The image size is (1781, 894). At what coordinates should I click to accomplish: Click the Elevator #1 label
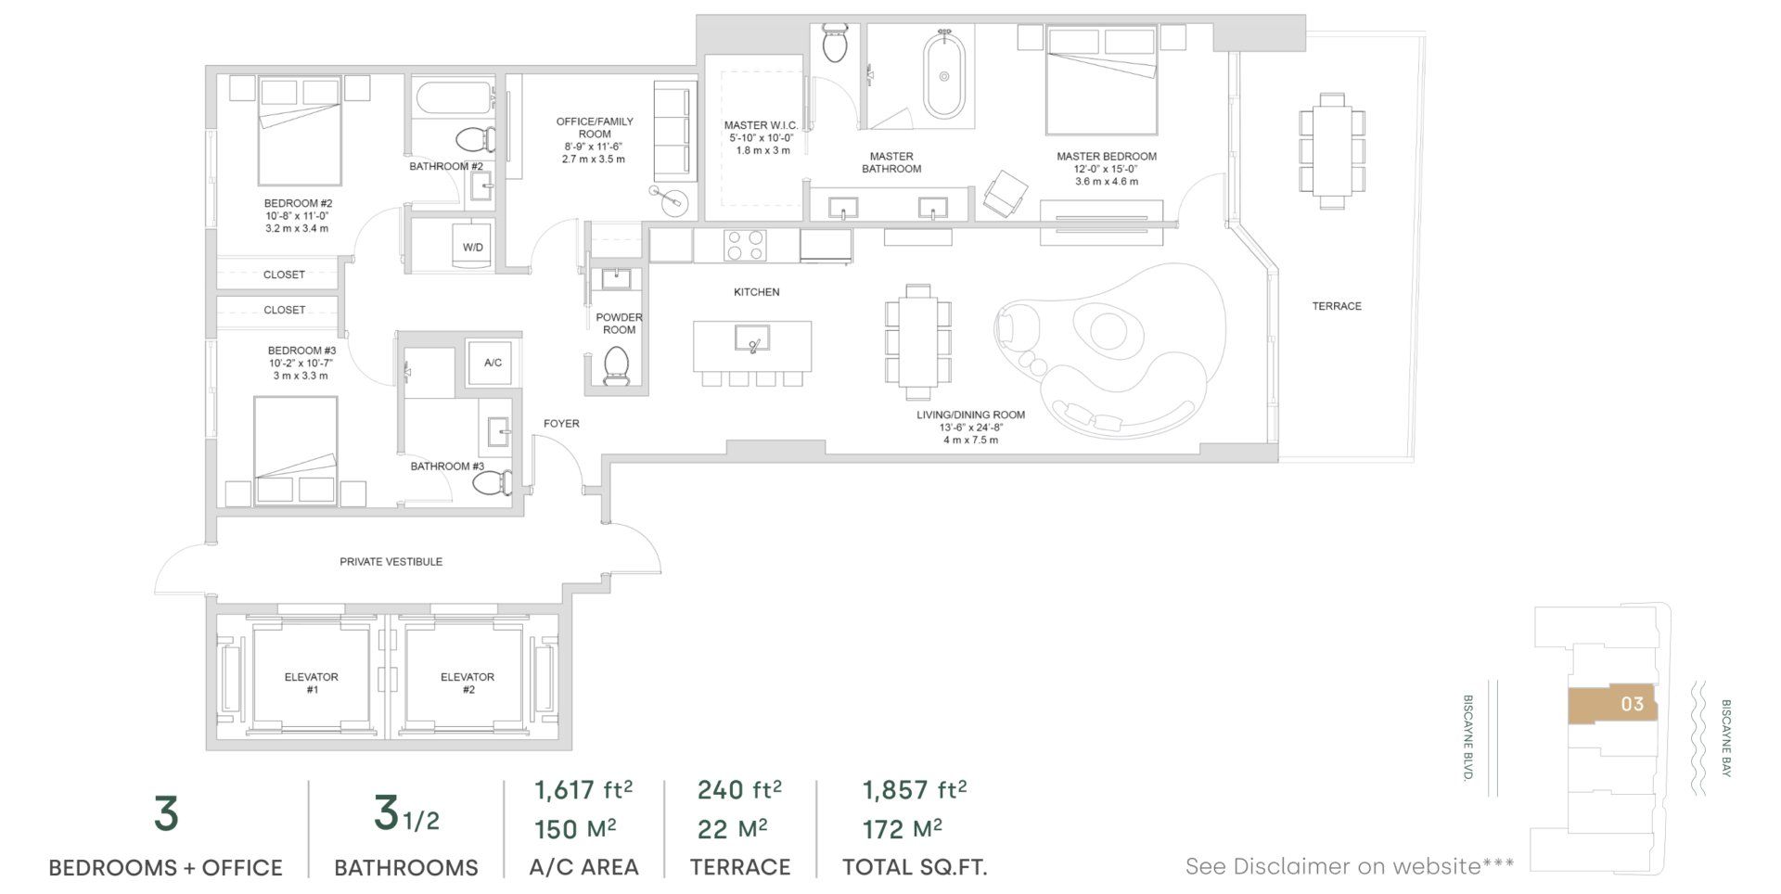(x=311, y=683)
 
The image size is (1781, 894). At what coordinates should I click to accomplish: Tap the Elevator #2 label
(x=467, y=683)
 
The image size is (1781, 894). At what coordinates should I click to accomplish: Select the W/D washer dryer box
(x=472, y=247)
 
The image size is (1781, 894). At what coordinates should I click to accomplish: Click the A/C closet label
(x=493, y=363)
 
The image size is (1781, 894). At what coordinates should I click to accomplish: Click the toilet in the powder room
(x=616, y=366)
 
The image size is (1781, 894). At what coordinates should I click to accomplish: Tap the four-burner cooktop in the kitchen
(x=745, y=245)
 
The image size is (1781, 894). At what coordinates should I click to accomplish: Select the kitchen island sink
(x=751, y=338)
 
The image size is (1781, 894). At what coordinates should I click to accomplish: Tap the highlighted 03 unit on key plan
(x=1612, y=705)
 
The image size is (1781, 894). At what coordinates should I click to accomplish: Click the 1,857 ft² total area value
(x=915, y=790)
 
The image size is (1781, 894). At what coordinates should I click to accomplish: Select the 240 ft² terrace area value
(x=739, y=790)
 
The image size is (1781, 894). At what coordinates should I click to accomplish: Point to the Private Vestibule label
(x=391, y=562)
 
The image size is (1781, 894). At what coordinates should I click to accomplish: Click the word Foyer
(x=561, y=424)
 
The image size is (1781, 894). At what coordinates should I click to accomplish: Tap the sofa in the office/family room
(x=673, y=131)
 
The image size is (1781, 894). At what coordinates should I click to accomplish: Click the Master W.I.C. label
(x=761, y=125)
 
